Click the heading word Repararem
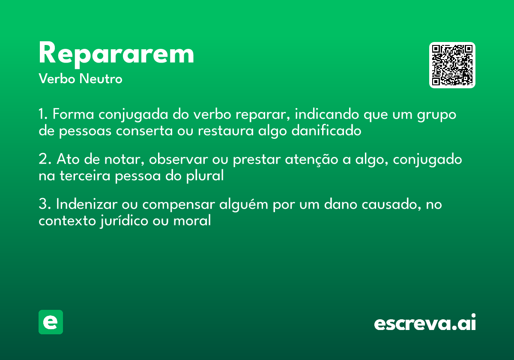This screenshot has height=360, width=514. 117,54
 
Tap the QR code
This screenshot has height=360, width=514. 452,65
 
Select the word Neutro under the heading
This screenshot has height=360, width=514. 101,79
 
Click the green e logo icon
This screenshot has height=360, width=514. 51,322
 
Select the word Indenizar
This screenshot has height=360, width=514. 85,204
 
